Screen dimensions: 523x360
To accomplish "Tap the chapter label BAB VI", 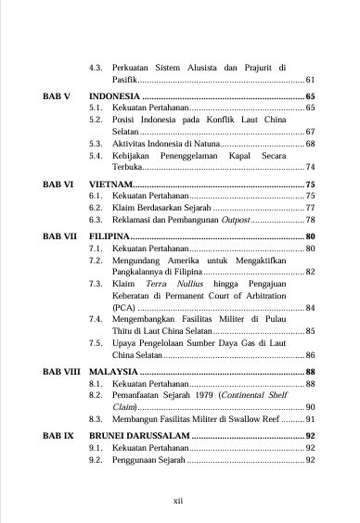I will tap(58, 185).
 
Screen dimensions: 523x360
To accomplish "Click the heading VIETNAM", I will tap(110, 185).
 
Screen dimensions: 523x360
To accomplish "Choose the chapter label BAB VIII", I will tap(61, 371).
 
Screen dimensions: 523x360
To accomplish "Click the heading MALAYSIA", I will tap(113, 371).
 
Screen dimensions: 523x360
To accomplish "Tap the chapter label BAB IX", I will tap(57, 434).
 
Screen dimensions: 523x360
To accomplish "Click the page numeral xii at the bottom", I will tap(179, 499).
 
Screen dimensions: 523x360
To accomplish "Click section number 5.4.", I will tap(95, 156).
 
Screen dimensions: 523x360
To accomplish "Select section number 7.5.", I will tap(95, 342).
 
